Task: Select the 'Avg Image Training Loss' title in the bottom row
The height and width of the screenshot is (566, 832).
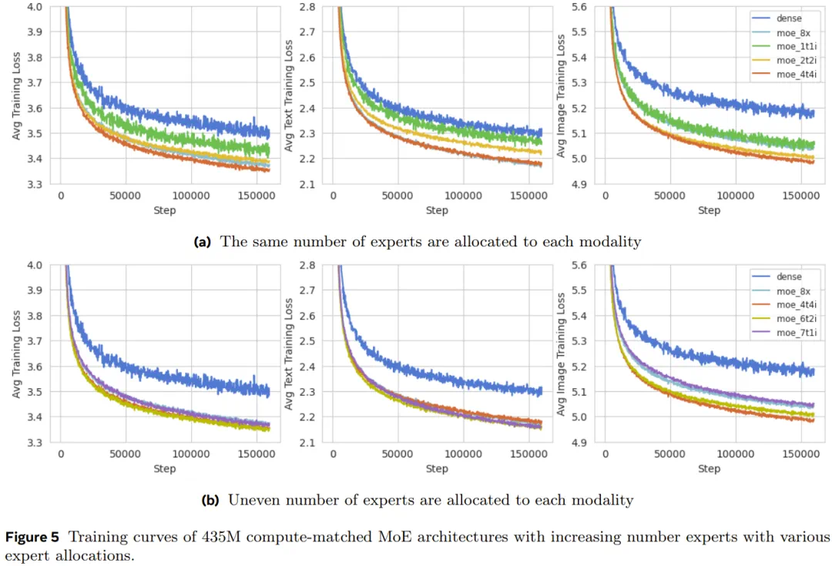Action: pos(562,354)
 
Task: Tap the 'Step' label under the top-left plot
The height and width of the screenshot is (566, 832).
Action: pos(165,210)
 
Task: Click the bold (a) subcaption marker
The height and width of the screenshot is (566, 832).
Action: pos(203,242)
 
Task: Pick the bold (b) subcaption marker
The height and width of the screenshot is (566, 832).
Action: pos(210,500)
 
